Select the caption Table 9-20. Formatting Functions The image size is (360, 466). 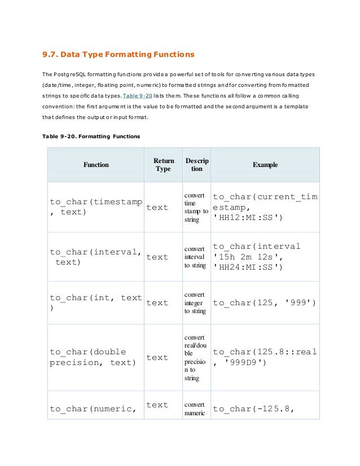click(91, 137)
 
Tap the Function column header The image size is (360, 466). click(96, 165)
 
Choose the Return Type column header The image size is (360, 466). click(163, 165)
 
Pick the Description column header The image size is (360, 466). click(196, 165)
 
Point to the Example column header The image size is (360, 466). click(265, 165)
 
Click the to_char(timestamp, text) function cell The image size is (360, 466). click(95, 207)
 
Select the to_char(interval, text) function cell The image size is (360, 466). click(95, 257)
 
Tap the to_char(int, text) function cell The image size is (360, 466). click(95, 303)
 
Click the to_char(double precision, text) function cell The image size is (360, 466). click(93, 357)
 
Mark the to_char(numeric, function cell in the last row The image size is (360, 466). click(93, 409)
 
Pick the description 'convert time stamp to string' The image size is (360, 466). click(196, 207)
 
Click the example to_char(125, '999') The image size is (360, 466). click(264, 303)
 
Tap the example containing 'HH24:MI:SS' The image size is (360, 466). click(257, 257)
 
